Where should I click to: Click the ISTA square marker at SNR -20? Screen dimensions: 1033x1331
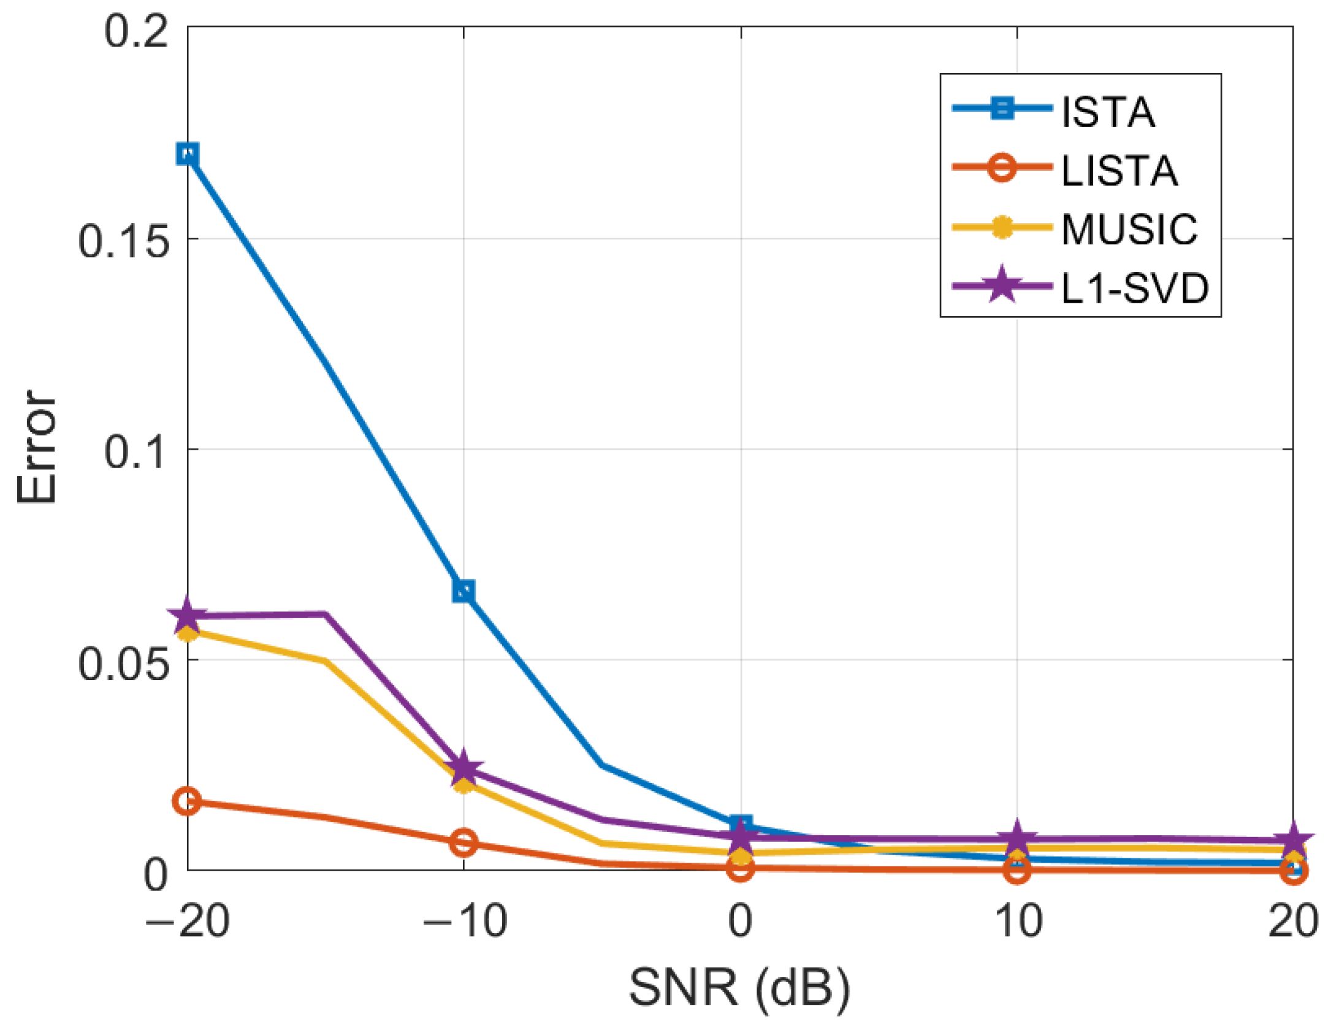(x=188, y=154)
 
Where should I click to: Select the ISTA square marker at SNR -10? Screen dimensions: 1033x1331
(x=463, y=591)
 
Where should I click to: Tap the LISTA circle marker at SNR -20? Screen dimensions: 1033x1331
(x=187, y=801)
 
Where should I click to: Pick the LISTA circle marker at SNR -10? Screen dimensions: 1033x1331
(x=463, y=843)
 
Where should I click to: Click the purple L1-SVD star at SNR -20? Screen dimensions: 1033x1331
(x=187, y=616)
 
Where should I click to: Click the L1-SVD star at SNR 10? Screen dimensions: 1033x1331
(x=1017, y=838)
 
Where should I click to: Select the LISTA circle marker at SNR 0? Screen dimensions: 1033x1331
(x=741, y=868)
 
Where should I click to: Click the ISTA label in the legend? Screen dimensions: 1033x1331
(x=1108, y=113)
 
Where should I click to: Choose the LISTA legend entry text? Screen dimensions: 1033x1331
(x=1119, y=171)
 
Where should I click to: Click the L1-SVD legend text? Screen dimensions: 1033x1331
(x=1134, y=288)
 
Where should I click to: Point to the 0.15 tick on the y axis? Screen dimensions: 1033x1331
(x=123, y=241)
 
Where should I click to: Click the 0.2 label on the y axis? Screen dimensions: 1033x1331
(x=136, y=31)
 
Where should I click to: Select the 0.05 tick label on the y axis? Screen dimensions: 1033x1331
(x=123, y=664)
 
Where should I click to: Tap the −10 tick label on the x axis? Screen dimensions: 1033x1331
(x=465, y=921)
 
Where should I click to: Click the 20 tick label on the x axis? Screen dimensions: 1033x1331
(x=1292, y=921)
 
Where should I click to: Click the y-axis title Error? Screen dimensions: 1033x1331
(x=37, y=447)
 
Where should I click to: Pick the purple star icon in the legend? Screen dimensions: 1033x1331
(x=1002, y=286)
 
